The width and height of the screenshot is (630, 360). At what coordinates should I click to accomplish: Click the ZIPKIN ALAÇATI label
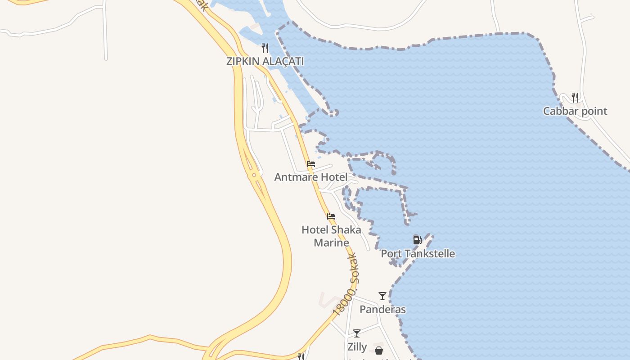tap(265, 61)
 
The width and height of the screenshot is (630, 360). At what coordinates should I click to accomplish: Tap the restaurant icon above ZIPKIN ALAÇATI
tap(265, 48)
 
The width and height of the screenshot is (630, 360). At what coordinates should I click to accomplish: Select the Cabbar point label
tap(575, 111)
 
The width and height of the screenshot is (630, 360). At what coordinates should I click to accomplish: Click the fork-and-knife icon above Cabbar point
tap(575, 97)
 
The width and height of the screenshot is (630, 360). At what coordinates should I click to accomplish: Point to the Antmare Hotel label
tap(310, 177)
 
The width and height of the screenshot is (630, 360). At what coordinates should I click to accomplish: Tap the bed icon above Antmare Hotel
tap(310, 164)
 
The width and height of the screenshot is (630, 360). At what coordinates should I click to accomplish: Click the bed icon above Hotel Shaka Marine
tap(331, 216)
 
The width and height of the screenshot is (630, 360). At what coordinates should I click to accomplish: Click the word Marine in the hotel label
tap(331, 243)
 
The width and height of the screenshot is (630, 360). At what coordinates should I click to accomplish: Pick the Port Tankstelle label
tap(418, 254)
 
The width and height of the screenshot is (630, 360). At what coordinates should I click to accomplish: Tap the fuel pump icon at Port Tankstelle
tap(417, 240)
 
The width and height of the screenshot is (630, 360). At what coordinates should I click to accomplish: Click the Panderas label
tap(382, 310)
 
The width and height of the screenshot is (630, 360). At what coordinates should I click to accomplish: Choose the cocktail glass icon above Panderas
tap(382, 296)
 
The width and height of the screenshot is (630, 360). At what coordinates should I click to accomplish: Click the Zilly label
tap(357, 347)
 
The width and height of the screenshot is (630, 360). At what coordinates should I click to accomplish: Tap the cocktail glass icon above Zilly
tap(357, 333)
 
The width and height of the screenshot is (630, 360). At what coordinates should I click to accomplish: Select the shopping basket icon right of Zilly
tap(379, 350)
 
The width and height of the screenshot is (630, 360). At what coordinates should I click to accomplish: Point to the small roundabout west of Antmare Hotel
tap(254, 175)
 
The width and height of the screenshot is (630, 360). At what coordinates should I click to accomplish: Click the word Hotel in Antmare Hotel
tap(333, 177)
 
